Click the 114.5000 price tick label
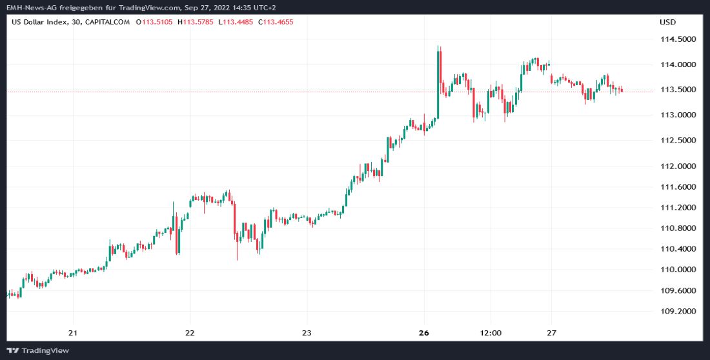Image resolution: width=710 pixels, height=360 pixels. (677, 39)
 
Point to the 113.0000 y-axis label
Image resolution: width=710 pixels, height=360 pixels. (677, 115)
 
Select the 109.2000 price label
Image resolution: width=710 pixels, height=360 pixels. (677, 311)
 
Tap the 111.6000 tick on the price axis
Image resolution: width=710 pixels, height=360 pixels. (677, 187)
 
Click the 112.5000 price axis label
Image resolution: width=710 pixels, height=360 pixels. (677, 140)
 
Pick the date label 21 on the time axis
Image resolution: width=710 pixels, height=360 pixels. (73, 333)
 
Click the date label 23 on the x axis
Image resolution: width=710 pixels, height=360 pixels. (307, 333)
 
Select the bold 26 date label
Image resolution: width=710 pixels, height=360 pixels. (423, 333)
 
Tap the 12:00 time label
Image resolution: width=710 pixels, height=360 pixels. (491, 333)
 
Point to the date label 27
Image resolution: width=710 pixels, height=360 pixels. (551, 333)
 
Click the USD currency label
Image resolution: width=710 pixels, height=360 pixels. (667, 22)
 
